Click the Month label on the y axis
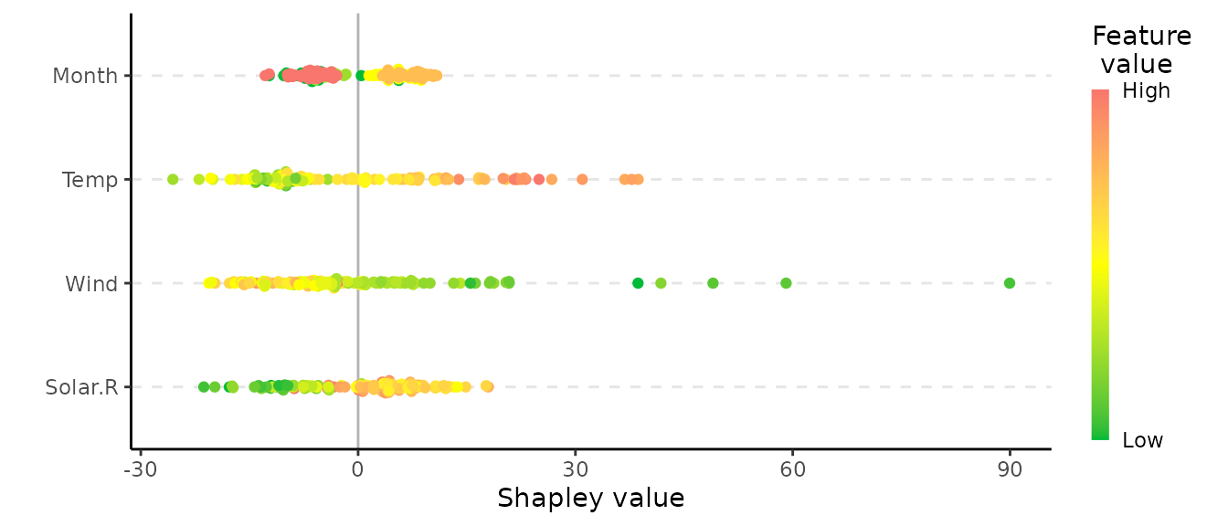(85, 75)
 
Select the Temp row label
(90, 180)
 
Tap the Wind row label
(91, 284)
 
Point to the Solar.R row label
(81, 388)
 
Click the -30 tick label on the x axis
(139, 467)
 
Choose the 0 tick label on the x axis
(357, 467)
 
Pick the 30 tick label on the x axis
(575, 467)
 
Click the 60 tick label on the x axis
(792, 467)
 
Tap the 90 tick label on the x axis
(1010, 467)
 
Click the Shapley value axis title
(590, 498)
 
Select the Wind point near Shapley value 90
(1010, 283)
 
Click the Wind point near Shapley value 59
(786, 283)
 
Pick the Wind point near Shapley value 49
(713, 283)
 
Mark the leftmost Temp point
(173, 179)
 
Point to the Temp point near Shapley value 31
(582, 179)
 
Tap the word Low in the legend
(1142, 441)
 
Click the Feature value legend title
(1141, 50)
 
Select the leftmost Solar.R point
(204, 387)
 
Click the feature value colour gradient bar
(1100, 265)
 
